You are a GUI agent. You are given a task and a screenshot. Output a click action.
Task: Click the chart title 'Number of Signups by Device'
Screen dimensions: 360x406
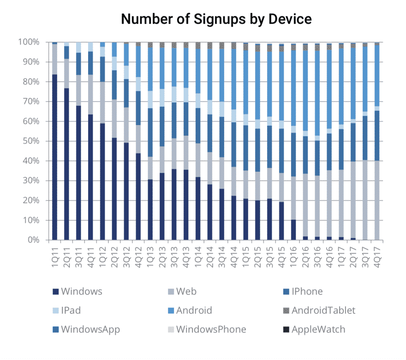216,19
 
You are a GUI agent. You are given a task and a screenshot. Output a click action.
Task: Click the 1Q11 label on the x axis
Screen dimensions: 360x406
54,254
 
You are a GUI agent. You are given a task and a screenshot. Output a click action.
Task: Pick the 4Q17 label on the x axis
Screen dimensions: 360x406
377,254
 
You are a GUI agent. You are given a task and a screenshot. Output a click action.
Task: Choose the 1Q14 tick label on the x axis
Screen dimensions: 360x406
198,254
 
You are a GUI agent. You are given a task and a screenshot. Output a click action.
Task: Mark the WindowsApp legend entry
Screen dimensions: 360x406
90,329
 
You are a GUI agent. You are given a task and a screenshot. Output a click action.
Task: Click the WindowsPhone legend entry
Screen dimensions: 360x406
211,329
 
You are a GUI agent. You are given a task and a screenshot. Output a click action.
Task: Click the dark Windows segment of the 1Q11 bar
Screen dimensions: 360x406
54,157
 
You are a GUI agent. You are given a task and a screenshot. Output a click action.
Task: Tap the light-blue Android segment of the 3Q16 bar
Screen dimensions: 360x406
317,92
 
